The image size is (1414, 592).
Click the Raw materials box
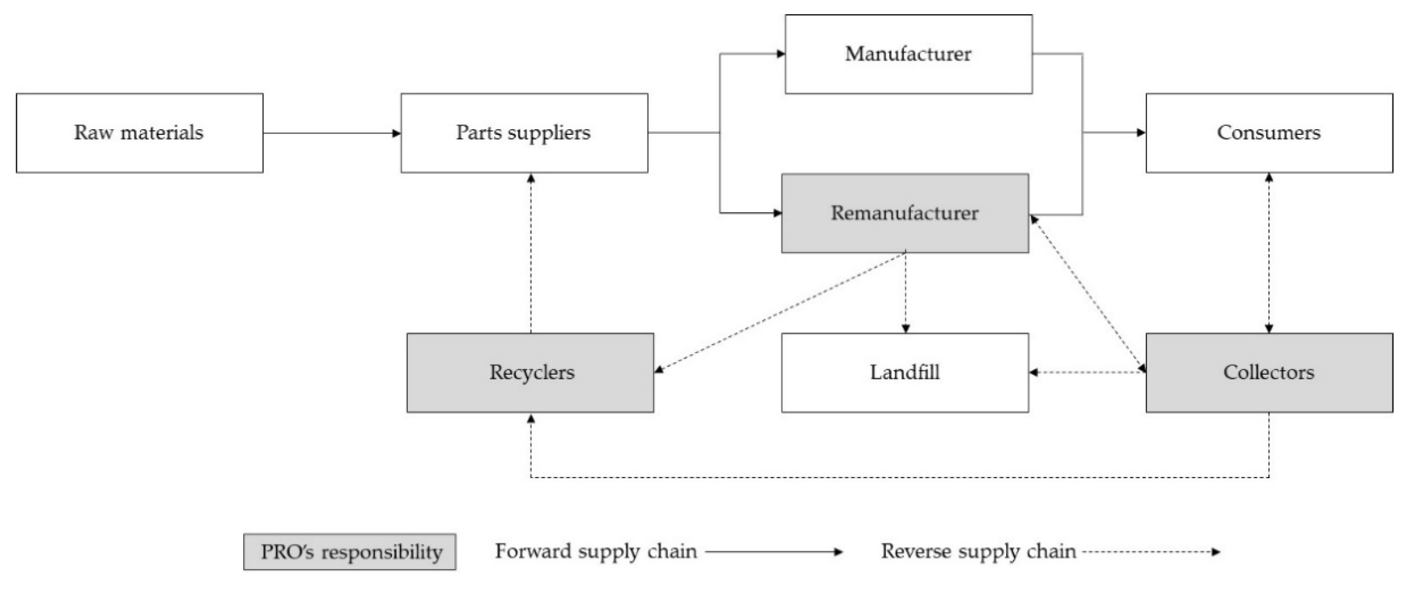(x=139, y=133)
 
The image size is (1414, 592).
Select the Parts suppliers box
(x=524, y=133)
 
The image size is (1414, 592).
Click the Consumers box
(x=1269, y=133)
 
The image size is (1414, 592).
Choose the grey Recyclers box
(x=530, y=373)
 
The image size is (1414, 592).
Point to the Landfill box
(x=904, y=373)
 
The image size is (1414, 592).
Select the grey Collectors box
(x=1269, y=373)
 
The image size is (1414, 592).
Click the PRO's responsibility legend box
(x=350, y=551)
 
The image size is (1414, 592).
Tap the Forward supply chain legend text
(x=596, y=551)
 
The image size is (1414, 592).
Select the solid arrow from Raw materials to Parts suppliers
(x=332, y=133)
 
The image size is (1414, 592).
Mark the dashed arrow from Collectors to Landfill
(x=1087, y=373)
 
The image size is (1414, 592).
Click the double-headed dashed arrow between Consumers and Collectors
(x=1269, y=253)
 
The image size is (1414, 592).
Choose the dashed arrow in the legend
(x=1150, y=551)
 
